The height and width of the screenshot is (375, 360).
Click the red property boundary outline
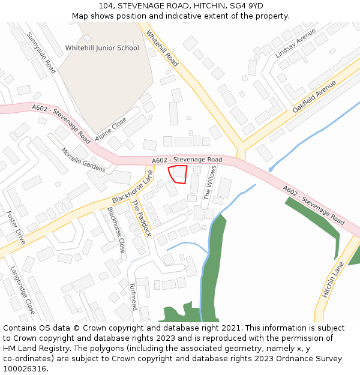click(178, 174)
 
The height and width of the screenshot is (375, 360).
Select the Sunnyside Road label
click(41, 53)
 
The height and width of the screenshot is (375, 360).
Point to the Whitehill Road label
click(162, 49)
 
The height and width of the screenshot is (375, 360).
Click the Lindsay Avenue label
click(295, 44)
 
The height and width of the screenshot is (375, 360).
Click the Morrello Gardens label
click(83, 160)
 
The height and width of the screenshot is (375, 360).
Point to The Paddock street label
click(142, 218)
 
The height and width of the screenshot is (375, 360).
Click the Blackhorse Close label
click(116, 229)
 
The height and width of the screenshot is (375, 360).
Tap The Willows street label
click(209, 182)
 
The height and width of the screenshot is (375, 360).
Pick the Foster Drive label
click(16, 227)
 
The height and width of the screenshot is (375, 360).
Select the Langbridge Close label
click(23, 290)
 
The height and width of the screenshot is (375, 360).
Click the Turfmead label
click(133, 296)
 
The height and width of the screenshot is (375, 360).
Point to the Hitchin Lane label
click(334, 280)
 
